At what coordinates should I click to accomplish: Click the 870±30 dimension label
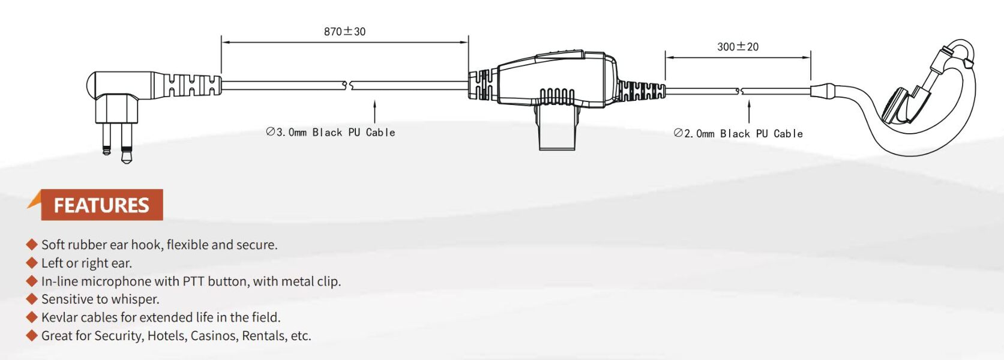point(344,31)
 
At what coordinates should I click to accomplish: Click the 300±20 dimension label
point(738,47)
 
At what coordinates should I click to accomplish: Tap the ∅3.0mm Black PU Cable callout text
point(330,132)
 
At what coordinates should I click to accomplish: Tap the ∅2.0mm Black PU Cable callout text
point(738,134)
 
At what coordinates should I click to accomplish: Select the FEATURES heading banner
point(101,205)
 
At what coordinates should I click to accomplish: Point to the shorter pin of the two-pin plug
point(107,139)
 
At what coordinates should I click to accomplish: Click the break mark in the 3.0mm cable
point(348,85)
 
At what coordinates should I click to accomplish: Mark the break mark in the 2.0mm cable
point(739,91)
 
